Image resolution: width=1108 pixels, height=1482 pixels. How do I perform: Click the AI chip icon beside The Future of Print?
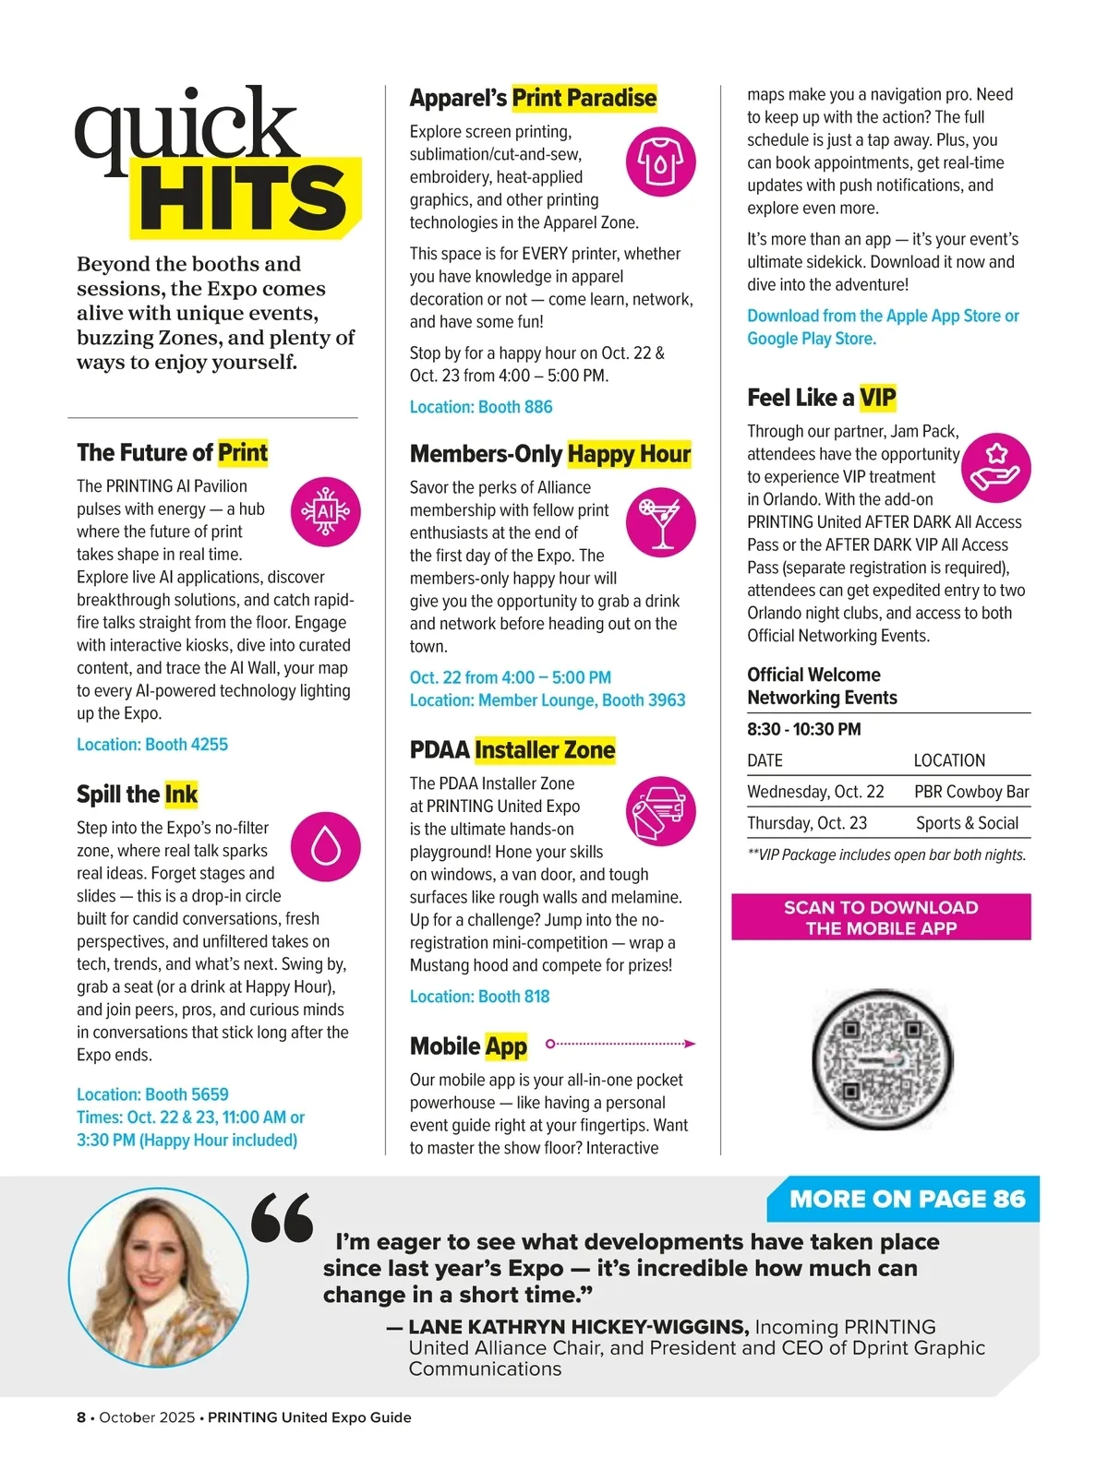pos(325,511)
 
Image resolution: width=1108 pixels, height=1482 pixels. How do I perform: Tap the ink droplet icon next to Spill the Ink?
pos(325,846)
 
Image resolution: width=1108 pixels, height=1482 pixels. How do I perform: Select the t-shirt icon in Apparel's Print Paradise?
pos(660,161)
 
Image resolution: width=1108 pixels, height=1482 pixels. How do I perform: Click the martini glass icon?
pos(660,522)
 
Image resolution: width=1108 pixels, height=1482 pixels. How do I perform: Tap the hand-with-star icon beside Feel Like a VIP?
pos(995,467)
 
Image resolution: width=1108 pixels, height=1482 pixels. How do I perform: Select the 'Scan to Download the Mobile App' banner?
pos(881,917)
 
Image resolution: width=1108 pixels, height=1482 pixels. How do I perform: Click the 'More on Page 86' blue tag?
pos(907,1199)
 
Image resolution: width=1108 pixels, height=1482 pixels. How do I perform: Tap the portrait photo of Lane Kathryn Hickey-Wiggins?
pos(159,1277)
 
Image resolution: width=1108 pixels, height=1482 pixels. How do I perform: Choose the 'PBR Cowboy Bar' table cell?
pos(971,792)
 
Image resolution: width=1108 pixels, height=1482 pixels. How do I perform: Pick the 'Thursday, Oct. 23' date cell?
pos(807,823)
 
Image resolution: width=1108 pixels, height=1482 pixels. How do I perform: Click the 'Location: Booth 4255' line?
pos(152,745)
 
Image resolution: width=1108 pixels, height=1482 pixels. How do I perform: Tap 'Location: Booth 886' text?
pos(481,407)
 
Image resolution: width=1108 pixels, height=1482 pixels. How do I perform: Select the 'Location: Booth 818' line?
pos(479,997)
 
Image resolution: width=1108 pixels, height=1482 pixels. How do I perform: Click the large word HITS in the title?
pos(244,198)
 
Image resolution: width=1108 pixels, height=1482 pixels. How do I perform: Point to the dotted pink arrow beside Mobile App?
pos(620,1044)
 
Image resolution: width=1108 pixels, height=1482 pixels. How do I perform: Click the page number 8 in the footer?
pos(81,1417)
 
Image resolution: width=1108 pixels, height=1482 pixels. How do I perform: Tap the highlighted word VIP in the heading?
pos(877,398)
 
